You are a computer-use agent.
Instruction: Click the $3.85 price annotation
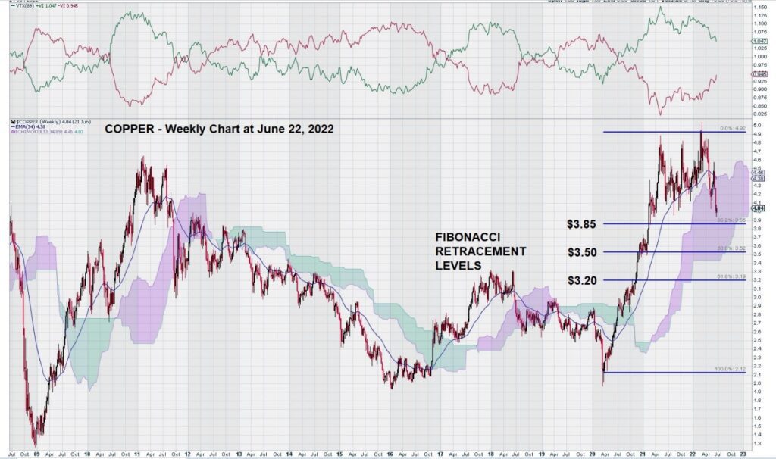coord(583,224)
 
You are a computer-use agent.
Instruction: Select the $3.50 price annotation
coord(583,252)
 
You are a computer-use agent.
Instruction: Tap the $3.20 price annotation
coord(583,280)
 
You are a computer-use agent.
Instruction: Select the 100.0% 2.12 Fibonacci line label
coord(731,369)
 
